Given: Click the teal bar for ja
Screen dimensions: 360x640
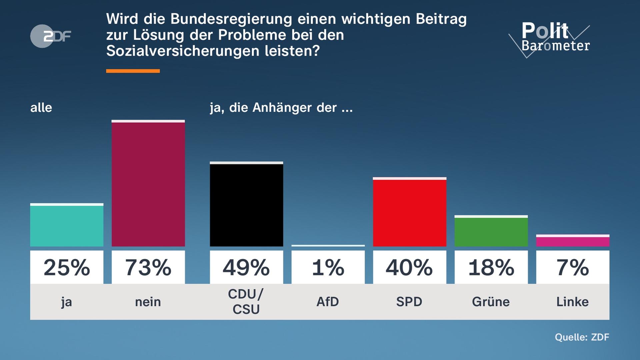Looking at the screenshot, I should point(67,226).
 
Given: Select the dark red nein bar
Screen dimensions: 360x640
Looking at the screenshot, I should point(148,184).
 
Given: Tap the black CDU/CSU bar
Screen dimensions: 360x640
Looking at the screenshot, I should point(246,205).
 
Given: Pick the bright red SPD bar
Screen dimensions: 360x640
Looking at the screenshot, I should point(409,213).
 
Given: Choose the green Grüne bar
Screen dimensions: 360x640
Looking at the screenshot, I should point(491,232).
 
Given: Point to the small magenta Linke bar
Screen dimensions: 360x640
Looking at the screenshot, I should point(573,241).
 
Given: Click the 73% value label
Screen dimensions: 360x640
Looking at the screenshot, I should point(148,267).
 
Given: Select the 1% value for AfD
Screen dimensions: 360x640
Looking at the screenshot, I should point(328,267).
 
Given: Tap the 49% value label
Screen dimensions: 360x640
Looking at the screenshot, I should point(246,267).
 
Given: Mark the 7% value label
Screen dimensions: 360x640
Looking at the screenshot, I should point(573,267).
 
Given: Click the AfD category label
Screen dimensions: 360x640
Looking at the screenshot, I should point(328,302).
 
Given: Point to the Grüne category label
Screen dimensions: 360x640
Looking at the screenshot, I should point(491,302).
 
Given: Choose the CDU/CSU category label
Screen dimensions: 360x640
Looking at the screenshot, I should point(246,302).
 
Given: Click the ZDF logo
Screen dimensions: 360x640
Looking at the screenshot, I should point(51,36).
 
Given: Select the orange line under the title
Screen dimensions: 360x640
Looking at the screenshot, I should point(133,71).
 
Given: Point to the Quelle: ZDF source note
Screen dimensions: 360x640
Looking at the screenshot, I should point(582,337).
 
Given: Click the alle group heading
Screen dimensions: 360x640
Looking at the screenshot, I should point(41,108).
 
